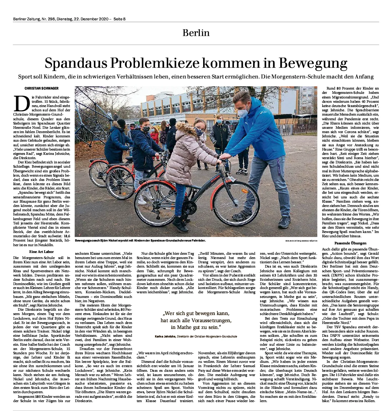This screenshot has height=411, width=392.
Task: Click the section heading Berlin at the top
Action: click(x=196, y=33)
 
